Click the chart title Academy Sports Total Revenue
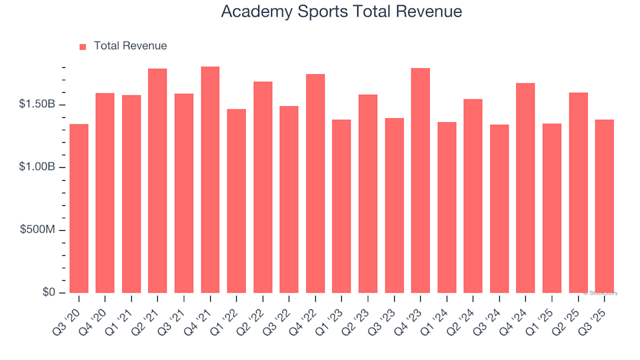tap(341, 12)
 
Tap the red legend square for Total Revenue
tap(83, 47)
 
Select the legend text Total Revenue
tap(130, 46)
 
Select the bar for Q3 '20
tap(79, 209)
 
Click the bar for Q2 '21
tap(157, 181)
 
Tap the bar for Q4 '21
tap(210, 180)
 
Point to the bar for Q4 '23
tap(420, 181)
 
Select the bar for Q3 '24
tap(499, 209)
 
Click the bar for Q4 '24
tap(525, 188)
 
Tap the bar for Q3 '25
tap(604, 207)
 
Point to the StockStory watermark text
tap(601, 293)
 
